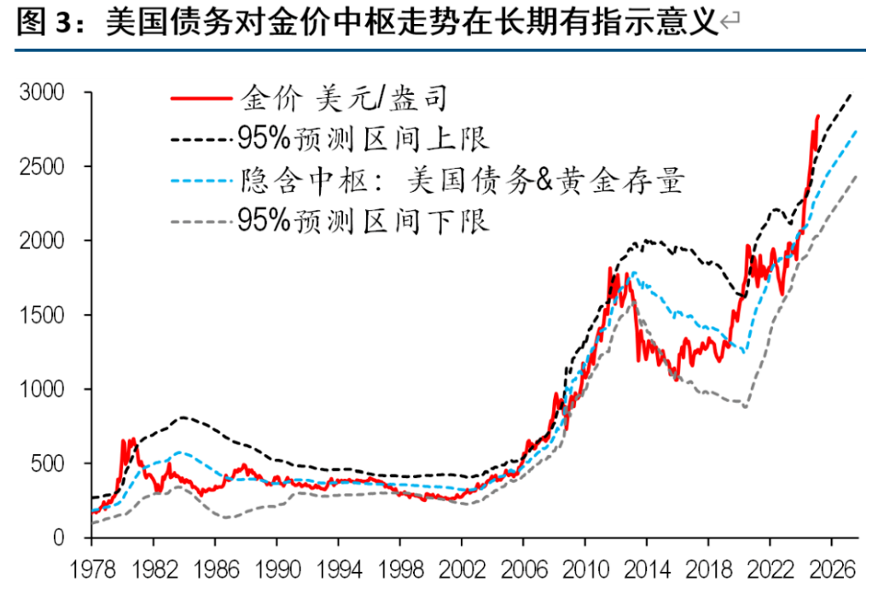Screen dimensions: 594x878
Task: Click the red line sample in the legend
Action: coord(202,98)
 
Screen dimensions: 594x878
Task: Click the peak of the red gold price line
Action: coord(817,115)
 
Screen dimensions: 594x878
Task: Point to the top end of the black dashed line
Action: coord(851,93)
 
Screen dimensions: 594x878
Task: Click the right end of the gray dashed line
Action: coord(856,176)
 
